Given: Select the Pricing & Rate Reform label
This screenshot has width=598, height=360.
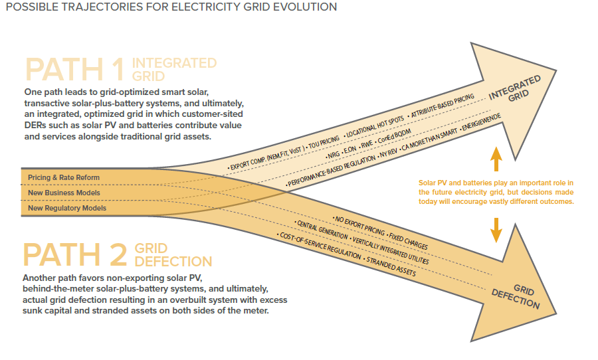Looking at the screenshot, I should click(64, 177).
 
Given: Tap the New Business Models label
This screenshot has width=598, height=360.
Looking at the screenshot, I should click(64, 193).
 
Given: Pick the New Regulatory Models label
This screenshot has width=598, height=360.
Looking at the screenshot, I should click(66, 208).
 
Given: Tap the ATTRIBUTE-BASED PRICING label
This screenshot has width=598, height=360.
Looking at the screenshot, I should click(442, 106).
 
